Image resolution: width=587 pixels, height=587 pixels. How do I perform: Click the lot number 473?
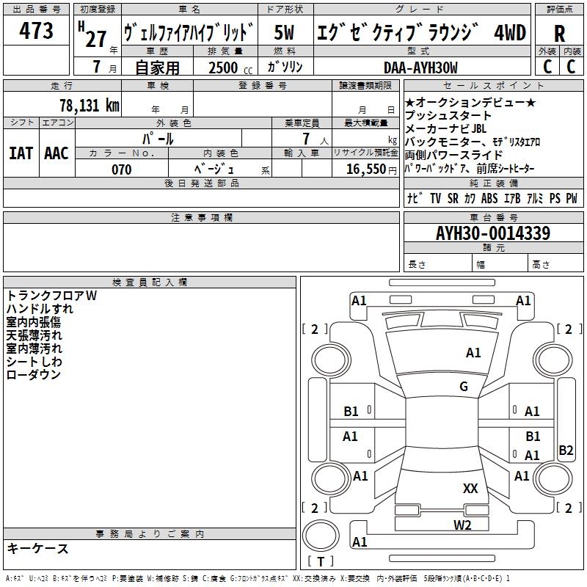37,32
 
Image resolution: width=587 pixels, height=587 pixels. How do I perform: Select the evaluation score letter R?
559,33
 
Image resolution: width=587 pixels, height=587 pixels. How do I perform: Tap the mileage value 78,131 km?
90,105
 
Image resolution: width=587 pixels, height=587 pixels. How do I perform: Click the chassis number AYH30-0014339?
492,233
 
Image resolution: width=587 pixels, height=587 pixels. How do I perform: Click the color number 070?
121,169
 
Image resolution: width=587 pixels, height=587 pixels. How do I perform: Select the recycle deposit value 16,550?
363,169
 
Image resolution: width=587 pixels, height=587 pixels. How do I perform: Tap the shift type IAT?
21,153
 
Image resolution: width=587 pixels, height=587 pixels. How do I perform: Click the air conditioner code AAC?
56,153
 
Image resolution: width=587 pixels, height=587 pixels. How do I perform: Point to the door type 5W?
285,33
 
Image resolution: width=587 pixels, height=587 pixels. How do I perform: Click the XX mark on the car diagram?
470,489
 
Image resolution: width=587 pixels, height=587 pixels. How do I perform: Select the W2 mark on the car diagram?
462,525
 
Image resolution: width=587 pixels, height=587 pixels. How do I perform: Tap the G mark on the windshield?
464,387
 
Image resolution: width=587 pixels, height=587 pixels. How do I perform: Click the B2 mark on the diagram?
566,451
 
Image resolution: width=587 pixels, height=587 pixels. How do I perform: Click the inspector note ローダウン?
34,375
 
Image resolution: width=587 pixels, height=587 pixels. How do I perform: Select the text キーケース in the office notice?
37,549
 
